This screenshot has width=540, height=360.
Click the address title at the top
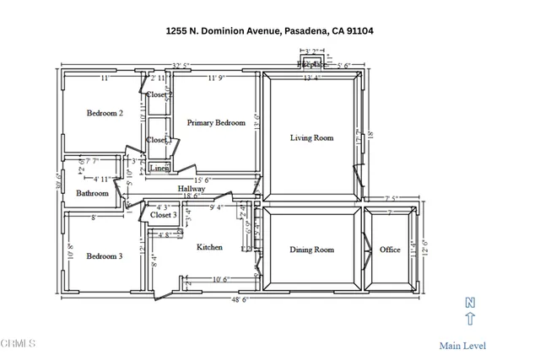269,31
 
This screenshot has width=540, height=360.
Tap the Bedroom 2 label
105,113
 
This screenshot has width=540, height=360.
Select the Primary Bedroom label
216,123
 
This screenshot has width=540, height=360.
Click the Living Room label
312,137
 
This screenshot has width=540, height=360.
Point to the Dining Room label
312,250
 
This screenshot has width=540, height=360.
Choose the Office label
390,250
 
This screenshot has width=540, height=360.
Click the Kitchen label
209,248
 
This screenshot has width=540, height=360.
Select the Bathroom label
93,193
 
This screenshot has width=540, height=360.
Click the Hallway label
192,189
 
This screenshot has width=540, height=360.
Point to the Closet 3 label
164,216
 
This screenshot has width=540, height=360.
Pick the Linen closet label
159,169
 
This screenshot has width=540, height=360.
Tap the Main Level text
462,346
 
